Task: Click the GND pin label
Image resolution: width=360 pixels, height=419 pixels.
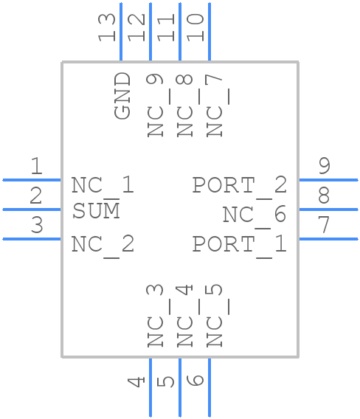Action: tap(122, 96)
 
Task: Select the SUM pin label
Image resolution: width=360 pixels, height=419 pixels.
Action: tap(96, 212)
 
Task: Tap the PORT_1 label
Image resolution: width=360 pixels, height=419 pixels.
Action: tap(239, 243)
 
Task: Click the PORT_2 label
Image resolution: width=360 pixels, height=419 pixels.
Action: tap(239, 184)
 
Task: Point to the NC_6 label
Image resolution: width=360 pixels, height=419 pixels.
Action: tap(254, 215)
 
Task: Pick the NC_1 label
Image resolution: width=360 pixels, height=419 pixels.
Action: tap(103, 184)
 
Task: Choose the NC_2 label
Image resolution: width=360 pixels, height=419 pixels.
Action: tap(103, 243)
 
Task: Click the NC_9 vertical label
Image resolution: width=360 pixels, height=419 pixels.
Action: tap(154, 105)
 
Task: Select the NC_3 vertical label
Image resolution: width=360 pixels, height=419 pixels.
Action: tap(154, 316)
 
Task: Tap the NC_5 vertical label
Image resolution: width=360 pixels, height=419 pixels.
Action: tap(215, 316)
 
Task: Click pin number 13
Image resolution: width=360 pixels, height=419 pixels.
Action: tap(108, 27)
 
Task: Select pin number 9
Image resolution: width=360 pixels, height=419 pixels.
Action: tap(324, 167)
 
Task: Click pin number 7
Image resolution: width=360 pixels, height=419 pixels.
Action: tap(324, 226)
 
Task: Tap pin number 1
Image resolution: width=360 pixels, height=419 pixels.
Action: tap(36, 167)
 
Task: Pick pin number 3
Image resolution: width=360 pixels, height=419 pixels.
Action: tap(36, 226)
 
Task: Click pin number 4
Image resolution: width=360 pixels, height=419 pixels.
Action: tap(136, 381)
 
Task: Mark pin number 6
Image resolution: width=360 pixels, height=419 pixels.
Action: tap(195, 381)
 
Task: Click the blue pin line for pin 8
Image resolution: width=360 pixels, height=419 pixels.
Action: tap(328, 209)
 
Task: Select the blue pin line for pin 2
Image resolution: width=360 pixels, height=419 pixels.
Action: tap(32, 209)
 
